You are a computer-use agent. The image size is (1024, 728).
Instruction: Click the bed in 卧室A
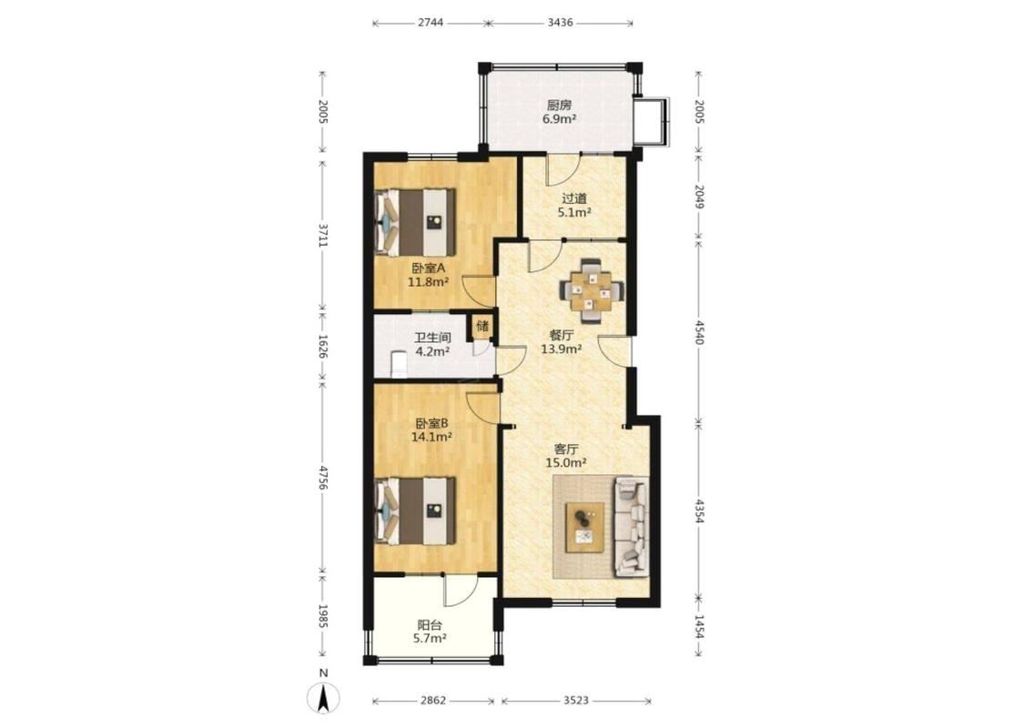[x=416, y=222]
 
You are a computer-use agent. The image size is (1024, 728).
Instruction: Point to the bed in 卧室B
[x=416, y=511]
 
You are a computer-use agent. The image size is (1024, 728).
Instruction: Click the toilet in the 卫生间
[x=398, y=364]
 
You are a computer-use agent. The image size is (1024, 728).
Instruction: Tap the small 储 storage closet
[x=482, y=327]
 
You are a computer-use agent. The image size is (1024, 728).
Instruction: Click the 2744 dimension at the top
[x=431, y=22]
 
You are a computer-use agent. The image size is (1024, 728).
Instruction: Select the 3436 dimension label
[x=561, y=22]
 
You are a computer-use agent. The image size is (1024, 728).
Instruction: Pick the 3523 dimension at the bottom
[x=576, y=701]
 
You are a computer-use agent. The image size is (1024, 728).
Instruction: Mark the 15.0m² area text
[x=565, y=463]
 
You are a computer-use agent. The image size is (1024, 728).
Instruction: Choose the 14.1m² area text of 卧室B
[x=431, y=437]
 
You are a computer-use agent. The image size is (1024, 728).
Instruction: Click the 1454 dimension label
[x=699, y=628]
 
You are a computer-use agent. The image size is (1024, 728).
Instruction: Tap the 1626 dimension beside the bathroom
[x=322, y=346]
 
